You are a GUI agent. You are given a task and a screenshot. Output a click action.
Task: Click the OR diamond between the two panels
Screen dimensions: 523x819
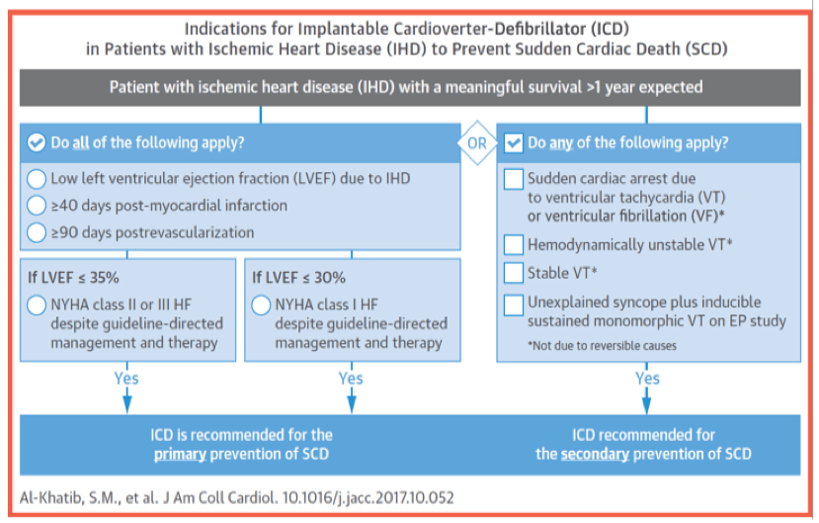tap(477, 142)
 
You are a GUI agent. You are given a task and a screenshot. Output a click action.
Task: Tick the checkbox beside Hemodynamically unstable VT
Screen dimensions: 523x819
tap(514, 244)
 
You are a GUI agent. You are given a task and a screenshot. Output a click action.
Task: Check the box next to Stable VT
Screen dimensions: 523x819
tap(514, 272)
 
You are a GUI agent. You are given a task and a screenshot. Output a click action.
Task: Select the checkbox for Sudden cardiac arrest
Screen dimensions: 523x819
tap(514, 179)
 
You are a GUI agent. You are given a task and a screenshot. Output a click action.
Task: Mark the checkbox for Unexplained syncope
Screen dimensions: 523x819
tap(514, 304)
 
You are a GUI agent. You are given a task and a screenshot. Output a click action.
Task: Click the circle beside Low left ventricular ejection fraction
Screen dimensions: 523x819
tap(38, 179)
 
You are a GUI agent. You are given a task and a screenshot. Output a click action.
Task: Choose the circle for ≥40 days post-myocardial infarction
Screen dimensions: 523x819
tap(38, 206)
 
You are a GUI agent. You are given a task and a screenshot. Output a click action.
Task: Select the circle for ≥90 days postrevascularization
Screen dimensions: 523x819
tap(38, 233)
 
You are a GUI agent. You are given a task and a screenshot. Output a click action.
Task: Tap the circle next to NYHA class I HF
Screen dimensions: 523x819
tap(262, 305)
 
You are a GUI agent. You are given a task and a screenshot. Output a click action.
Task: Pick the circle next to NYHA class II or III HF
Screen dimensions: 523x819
tap(38, 305)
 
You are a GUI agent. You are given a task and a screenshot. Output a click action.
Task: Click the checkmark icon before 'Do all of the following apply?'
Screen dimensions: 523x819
tap(38, 142)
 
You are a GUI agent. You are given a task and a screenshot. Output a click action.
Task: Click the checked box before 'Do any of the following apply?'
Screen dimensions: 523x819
tap(514, 142)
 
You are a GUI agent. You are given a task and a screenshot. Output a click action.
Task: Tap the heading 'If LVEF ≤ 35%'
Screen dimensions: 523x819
tap(71, 278)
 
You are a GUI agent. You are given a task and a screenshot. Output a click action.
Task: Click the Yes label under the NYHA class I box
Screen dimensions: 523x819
tap(351, 378)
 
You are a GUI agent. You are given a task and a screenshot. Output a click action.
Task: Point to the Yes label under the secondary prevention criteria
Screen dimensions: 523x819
tap(647, 378)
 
